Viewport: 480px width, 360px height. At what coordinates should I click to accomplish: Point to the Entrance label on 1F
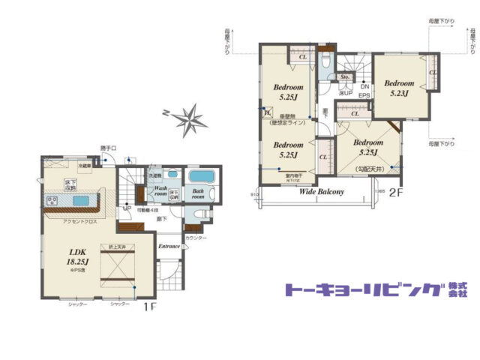[169, 246]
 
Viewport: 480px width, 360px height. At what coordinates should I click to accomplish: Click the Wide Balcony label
[322, 192]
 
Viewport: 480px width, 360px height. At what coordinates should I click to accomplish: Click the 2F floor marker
[395, 192]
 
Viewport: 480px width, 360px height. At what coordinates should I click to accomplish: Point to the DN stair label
[364, 87]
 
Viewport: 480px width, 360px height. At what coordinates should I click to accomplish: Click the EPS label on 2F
[364, 96]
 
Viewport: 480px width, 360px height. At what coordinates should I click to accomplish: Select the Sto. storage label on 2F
[345, 77]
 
